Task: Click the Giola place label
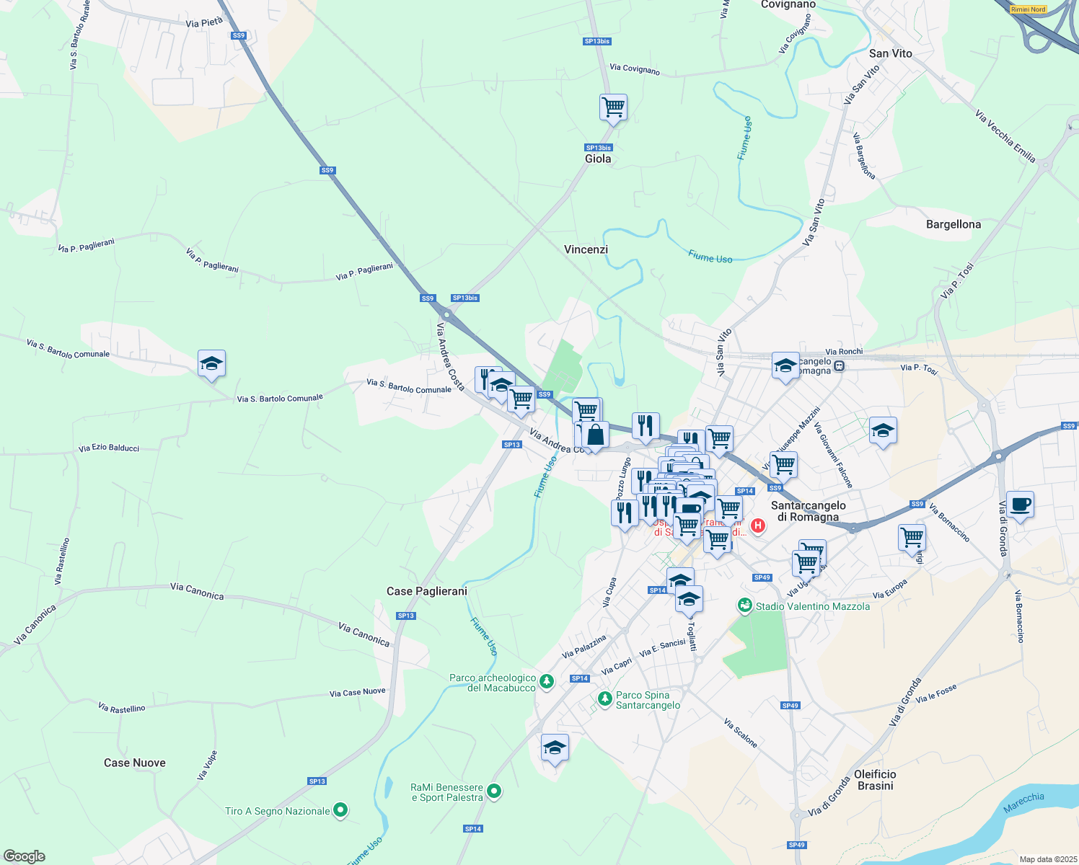pos(597,159)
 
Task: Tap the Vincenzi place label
pos(586,249)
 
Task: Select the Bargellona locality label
pos(953,224)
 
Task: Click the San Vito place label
pos(890,53)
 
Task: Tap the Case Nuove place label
pos(134,763)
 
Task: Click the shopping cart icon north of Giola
pos(613,107)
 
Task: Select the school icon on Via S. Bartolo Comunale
pos(211,364)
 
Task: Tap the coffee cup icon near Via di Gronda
pos(1019,505)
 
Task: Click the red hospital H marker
pos(757,525)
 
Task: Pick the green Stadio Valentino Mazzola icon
pos(744,606)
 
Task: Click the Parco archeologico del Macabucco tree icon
pos(547,681)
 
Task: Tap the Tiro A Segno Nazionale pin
pos(340,811)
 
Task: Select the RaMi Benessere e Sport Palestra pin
pos(494,791)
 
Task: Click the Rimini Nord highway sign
pos(1028,9)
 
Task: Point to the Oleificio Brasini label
pos(875,780)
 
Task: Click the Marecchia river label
pos(1023,802)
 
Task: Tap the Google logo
pos(24,856)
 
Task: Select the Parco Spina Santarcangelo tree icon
pos(604,698)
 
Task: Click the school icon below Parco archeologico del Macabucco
pos(555,748)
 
